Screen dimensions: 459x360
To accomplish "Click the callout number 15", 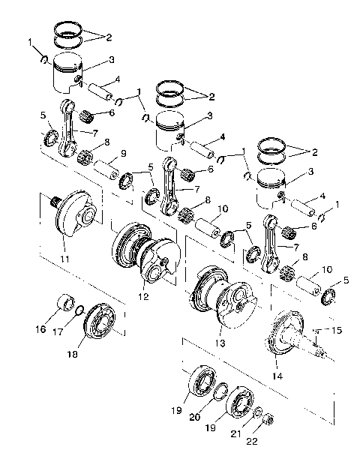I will pos(336,331).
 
